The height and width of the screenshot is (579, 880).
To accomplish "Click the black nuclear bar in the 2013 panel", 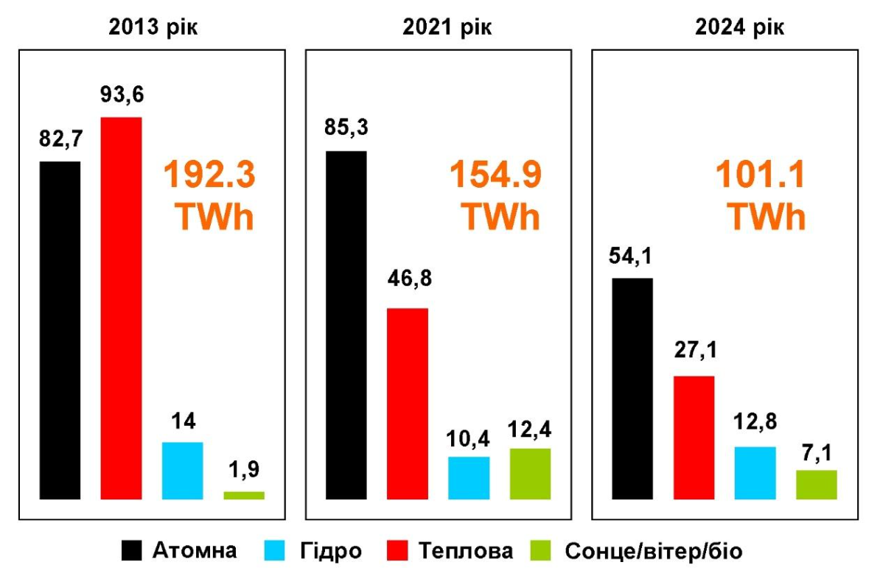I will (x=60, y=330).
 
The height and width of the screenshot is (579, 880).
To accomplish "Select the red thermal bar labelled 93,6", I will (x=121, y=308).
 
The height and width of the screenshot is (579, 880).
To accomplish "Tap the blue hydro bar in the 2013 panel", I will (x=182, y=470).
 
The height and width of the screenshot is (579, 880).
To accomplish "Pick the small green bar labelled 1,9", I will (x=244, y=495).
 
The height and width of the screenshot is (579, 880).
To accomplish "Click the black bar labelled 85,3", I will (x=346, y=325).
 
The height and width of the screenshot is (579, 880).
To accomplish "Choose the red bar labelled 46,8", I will (x=408, y=403).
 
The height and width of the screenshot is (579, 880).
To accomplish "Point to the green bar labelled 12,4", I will (x=530, y=474).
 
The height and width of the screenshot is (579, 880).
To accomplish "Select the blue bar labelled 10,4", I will (x=469, y=477).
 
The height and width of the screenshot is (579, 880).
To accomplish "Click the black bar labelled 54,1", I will (x=632, y=388).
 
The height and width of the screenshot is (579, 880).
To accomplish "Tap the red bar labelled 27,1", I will (x=694, y=437).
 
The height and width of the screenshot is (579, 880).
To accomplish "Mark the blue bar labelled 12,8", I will (x=755, y=472).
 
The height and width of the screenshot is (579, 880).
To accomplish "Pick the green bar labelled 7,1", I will (x=817, y=484).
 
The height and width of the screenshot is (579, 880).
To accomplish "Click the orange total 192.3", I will (x=209, y=176).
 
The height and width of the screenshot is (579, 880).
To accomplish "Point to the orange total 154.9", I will (x=496, y=176).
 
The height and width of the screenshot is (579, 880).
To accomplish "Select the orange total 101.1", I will (x=761, y=176).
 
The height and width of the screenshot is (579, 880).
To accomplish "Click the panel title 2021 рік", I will (x=447, y=27).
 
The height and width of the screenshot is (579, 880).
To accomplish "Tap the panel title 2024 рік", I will (x=740, y=27).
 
